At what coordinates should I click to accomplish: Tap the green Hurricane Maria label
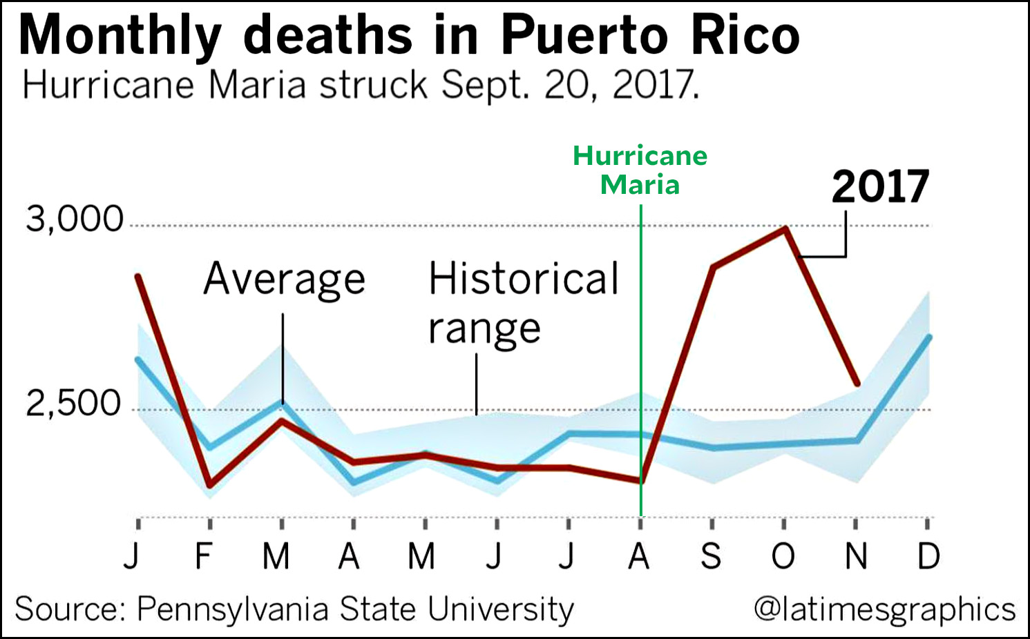pyautogui.click(x=640, y=170)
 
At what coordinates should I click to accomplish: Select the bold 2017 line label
pyautogui.click(x=880, y=186)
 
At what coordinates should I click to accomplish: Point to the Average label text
pyautogui.click(x=284, y=279)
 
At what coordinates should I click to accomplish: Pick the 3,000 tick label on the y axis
pyautogui.click(x=75, y=219)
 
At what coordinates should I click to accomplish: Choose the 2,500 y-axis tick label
pyautogui.click(x=74, y=404)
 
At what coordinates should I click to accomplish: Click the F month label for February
pyautogui.click(x=203, y=556)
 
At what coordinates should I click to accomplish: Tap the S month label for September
pyautogui.click(x=711, y=556)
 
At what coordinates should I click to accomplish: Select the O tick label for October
pyautogui.click(x=783, y=556)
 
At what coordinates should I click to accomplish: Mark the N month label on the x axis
pyautogui.click(x=856, y=556)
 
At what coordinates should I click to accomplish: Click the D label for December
pyautogui.click(x=928, y=556)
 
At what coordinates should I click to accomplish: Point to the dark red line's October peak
pyautogui.click(x=785, y=228)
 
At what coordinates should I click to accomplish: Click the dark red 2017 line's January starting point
pyautogui.click(x=138, y=277)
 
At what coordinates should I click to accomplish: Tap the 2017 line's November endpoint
pyautogui.click(x=857, y=384)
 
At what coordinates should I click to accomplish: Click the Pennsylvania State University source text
pyautogui.click(x=355, y=609)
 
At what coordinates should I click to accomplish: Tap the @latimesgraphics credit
pyautogui.click(x=884, y=609)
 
